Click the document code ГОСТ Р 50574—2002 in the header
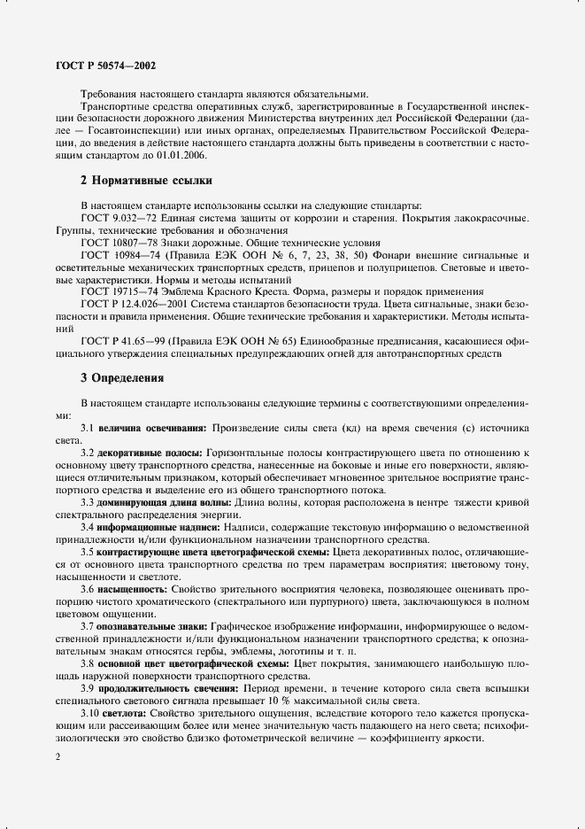pos(97,66)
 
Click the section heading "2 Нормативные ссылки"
pos(145,181)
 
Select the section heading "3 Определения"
pos(122,378)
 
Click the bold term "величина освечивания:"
pos(152,428)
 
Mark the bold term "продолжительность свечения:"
pos(173,687)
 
